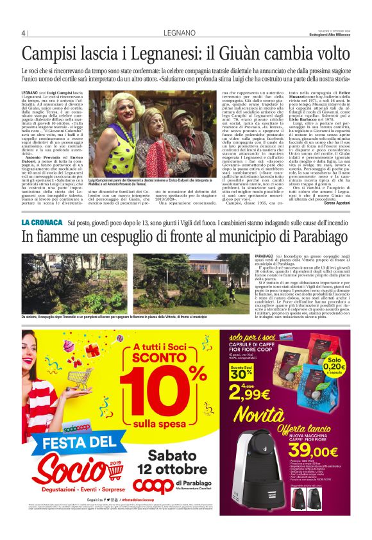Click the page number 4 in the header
(x=23, y=33)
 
